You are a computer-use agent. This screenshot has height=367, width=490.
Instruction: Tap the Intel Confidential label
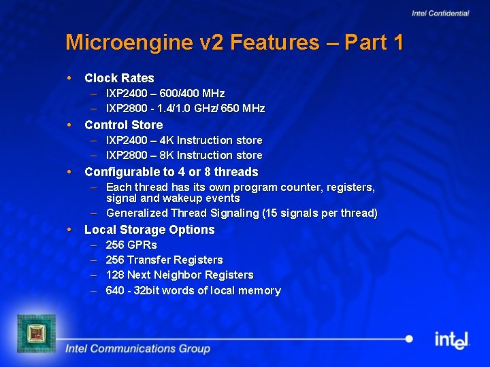(x=440, y=14)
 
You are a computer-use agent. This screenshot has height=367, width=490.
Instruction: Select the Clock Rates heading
(x=119, y=78)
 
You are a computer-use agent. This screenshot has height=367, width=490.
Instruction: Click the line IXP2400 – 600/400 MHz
(x=165, y=93)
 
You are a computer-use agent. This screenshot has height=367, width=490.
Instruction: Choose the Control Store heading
(x=123, y=125)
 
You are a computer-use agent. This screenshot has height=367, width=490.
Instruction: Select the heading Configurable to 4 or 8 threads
(x=171, y=172)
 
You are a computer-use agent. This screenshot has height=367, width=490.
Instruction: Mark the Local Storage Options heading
(x=149, y=230)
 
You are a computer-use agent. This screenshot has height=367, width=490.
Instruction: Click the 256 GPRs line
(x=131, y=245)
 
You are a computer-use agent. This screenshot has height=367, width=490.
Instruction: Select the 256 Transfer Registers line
(x=164, y=260)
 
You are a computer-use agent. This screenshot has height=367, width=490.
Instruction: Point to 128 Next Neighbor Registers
(x=180, y=275)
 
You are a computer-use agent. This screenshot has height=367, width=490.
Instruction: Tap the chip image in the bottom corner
(x=36, y=332)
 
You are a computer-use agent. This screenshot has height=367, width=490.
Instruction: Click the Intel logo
(x=452, y=339)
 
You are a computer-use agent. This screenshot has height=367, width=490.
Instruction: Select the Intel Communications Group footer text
(x=137, y=349)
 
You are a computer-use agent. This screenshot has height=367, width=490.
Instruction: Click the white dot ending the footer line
(x=408, y=338)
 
